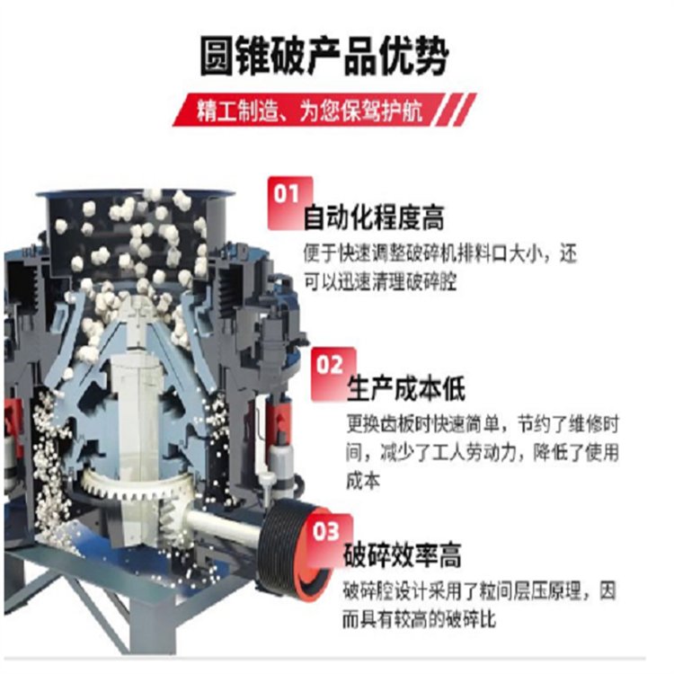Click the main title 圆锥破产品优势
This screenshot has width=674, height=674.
pyautogui.click(x=324, y=57)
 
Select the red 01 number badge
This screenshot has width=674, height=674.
pyautogui.click(x=288, y=202)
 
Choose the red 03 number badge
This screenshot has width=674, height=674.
pyautogui.click(x=329, y=539)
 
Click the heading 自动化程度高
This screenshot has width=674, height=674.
pyautogui.click(x=374, y=218)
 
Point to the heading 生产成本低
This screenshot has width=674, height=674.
pyautogui.click(x=406, y=388)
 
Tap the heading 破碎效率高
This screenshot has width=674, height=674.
pyautogui.click(x=402, y=555)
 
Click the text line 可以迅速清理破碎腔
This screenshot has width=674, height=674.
pyautogui.click(x=380, y=282)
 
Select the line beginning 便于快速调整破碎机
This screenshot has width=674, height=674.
pyautogui.click(x=439, y=253)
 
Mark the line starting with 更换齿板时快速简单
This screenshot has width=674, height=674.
pyautogui.click(x=483, y=424)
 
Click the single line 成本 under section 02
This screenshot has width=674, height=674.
pyautogui.click(x=363, y=481)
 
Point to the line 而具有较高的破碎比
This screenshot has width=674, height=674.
pyautogui.click(x=419, y=619)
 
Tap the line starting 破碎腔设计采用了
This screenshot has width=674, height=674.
pyautogui.click(x=479, y=591)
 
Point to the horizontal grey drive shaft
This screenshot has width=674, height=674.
pyautogui.click(x=225, y=525)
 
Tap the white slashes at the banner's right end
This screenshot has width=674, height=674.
pyautogui.click(x=457, y=110)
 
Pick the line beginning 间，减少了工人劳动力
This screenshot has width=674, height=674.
pyautogui.click(x=483, y=453)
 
